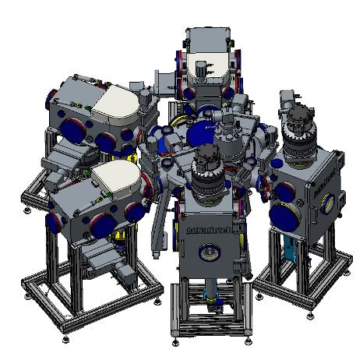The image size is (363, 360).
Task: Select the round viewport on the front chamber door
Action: click(x=210, y=254)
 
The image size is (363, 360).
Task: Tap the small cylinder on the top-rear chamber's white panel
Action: click(x=205, y=69)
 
